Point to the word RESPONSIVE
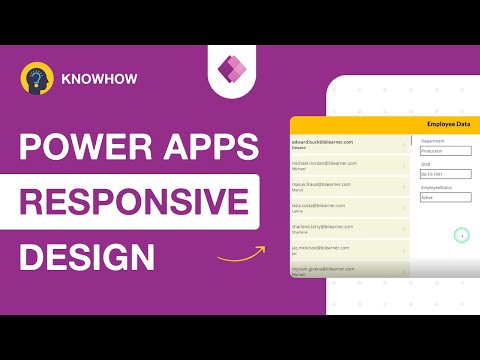coord(135,202)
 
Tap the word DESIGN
coord(88,256)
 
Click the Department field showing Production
coord(444,151)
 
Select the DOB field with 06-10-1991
coord(444,174)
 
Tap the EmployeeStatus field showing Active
coord(444,197)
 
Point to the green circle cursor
coord(461,235)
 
